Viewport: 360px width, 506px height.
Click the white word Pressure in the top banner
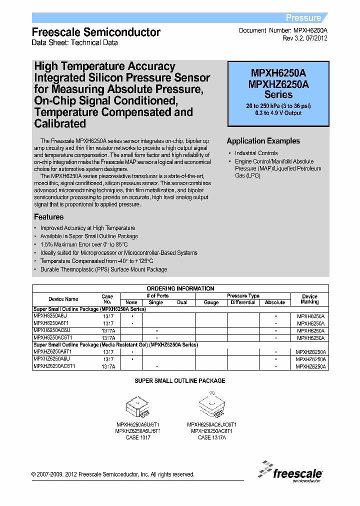point(303,18)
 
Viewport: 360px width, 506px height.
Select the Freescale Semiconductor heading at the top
point(96,32)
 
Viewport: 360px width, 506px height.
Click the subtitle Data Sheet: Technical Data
point(75,43)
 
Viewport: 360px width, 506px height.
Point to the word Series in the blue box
point(278,94)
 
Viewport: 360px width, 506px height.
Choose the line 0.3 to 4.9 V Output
point(278,113)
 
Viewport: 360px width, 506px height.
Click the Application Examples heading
point(263,141)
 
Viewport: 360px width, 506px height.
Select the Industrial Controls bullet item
point(256,153)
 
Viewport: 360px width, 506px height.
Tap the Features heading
point(48,217)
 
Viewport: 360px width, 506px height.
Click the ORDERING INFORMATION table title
point(180,288)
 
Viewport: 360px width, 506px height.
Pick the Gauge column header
point(211,302)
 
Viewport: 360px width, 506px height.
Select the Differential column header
point(243,302)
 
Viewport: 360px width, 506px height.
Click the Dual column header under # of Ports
point(181,302)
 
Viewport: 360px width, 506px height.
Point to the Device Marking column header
point(310,299)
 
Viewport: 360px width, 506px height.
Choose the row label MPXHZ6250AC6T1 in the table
point(55,366)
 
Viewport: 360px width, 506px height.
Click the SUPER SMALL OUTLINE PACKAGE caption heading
point(180,381)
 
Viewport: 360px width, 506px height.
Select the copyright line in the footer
point(113,474)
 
